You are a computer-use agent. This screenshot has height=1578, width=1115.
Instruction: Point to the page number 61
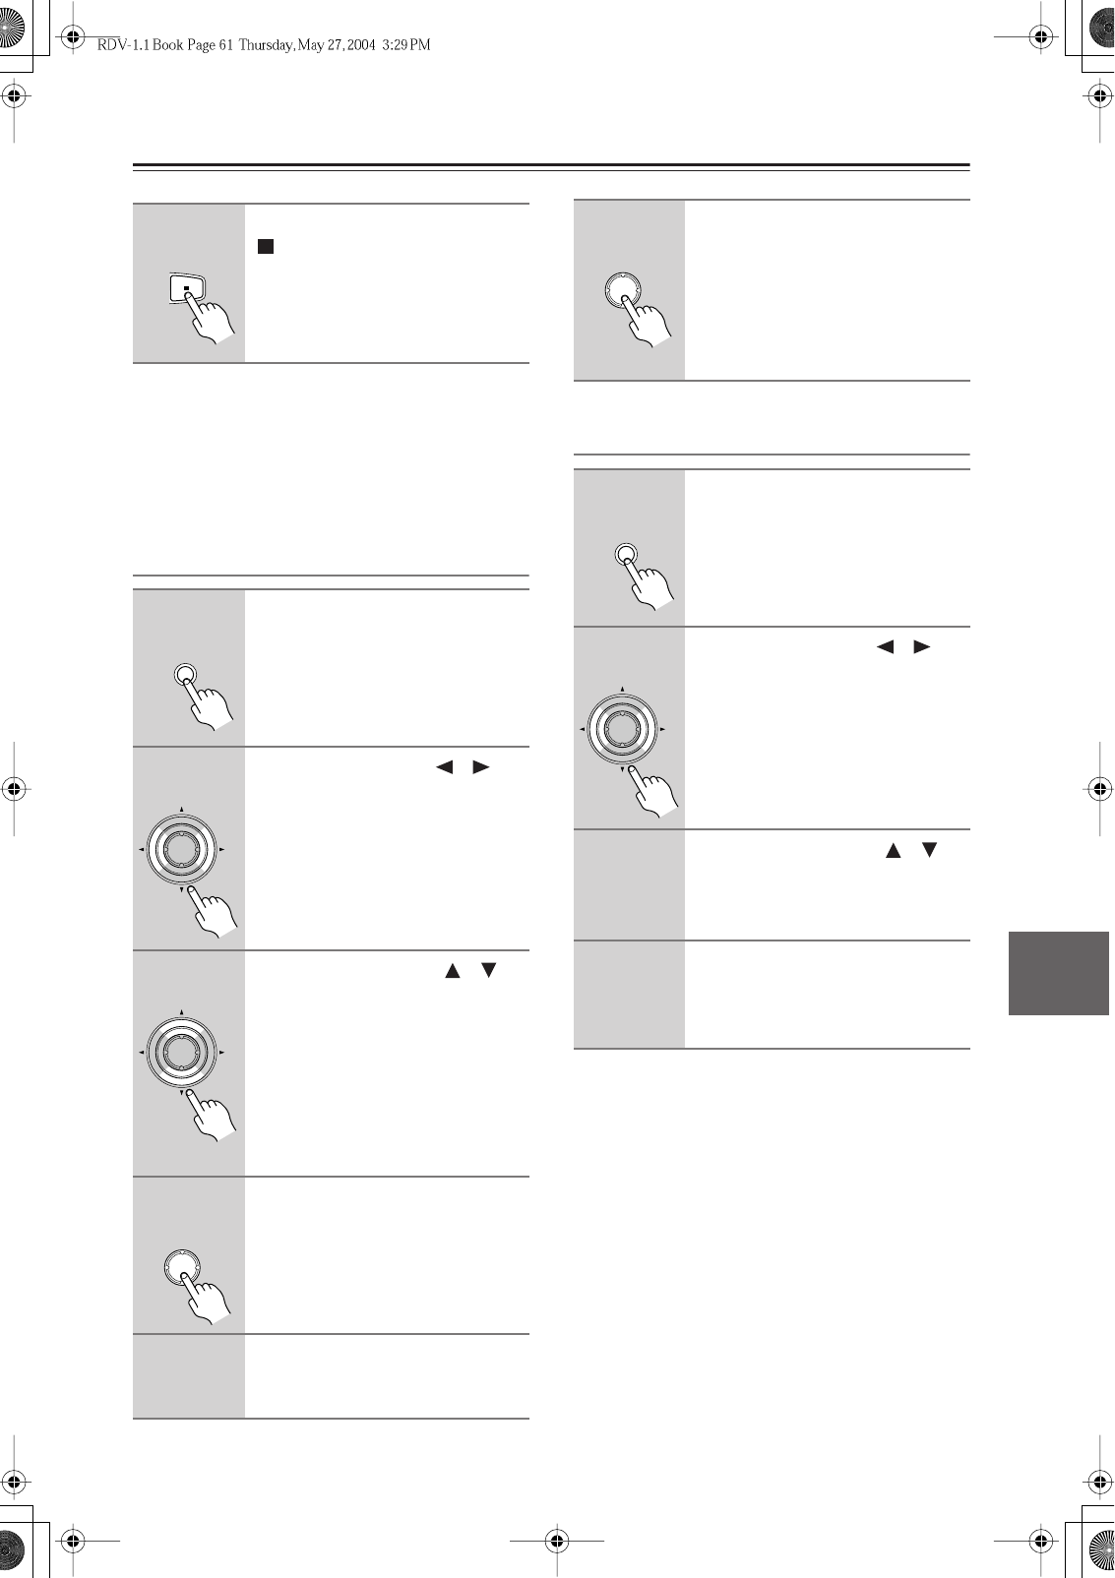[223, 45]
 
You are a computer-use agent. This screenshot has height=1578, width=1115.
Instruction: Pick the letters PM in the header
[420, 45]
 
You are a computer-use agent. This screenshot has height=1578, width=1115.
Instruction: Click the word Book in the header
[160, 45]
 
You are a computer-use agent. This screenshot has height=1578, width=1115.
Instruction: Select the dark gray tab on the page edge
[1059, 973]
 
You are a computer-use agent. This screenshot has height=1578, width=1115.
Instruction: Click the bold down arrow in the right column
[927, 850]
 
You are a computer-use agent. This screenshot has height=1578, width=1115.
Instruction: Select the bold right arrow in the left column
[480, 767]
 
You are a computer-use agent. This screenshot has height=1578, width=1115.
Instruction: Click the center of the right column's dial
[621, 729]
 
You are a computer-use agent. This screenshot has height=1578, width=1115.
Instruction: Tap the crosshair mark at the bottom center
[557, 1540]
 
